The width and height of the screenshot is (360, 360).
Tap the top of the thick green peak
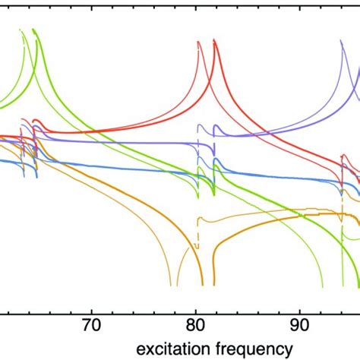(x=35, y=30)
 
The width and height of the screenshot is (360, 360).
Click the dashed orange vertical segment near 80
(x=197, y=228)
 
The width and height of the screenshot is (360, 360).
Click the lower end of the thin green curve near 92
(x=322, y=286)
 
